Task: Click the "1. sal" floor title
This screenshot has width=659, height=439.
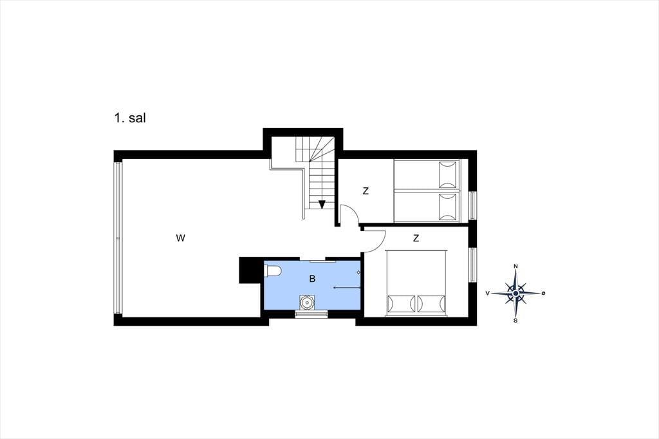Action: (x=130, y=118)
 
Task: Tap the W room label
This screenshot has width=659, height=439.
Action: (x=180, y=238)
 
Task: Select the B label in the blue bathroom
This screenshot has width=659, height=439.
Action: (x=312, y=279)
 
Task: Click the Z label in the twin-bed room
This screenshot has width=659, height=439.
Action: (x=366, y=191)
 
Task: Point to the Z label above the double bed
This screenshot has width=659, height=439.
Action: (x=416, y=238)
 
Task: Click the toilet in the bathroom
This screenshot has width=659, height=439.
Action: (x=273, y=271)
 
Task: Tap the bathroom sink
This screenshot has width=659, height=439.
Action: (x=307, y=301)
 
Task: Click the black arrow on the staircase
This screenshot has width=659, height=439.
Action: (x=322, y=205)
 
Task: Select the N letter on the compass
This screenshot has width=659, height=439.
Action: (x=515, y=266)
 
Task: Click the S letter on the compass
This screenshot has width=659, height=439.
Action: (x=515, y=321)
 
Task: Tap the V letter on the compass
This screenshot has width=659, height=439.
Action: (x=488, y=293)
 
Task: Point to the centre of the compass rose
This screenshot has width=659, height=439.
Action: (x=515, y=293)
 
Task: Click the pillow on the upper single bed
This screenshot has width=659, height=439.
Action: (x=448, y=174)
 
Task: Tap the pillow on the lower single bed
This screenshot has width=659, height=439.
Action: (x=448, y=207)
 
